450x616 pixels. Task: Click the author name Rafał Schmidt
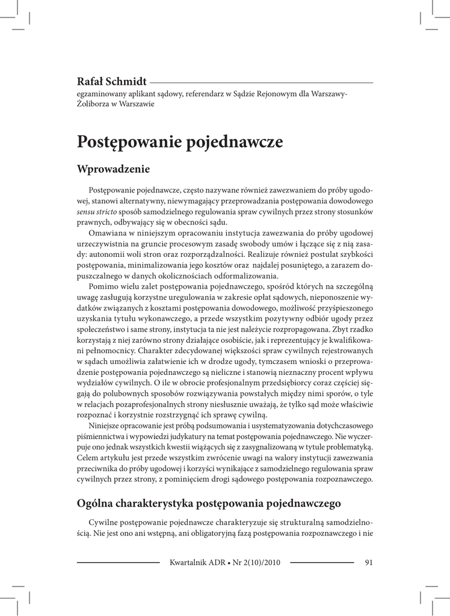click(x=112, y=82)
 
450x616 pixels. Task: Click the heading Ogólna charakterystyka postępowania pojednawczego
click(x=209, y=503)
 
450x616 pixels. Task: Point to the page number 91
click(x=369, y=563)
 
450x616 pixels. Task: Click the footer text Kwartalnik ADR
click(x=197, y=563)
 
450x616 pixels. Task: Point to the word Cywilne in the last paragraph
click(x=104, y=522)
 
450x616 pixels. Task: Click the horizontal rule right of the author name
click(x=261, y=82)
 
